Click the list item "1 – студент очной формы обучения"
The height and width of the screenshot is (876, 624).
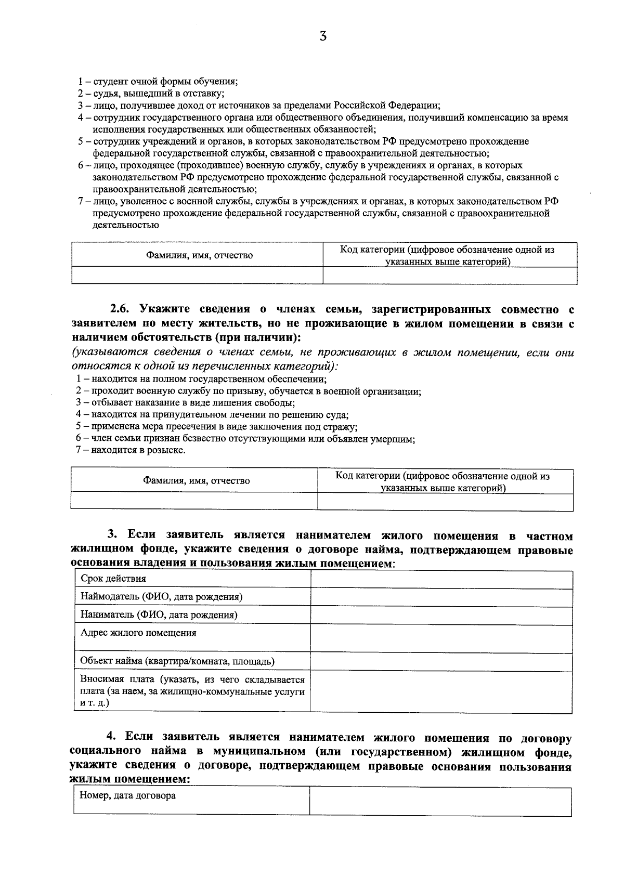158,82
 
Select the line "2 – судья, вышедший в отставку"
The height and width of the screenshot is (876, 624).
151,94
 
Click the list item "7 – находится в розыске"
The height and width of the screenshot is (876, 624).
131,450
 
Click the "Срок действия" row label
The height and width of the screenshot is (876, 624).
113,579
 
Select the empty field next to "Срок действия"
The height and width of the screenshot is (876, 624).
441,580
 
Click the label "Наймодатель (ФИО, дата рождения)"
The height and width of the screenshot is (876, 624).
161,597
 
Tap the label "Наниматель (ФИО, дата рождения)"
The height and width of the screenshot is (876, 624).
159,615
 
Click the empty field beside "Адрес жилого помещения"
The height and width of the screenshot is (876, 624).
441,638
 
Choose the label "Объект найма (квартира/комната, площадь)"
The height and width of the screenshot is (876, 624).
177,662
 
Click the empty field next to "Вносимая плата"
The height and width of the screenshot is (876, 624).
441,691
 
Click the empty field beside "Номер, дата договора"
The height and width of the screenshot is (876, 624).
440,801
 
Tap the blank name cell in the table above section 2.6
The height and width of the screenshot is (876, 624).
197,275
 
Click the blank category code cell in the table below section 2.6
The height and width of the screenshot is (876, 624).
445,502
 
